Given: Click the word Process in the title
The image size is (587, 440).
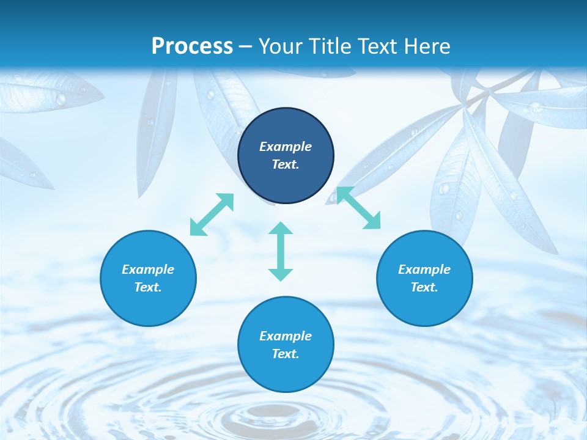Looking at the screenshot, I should click(x=192, y=46).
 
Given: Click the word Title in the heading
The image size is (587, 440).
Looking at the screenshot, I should click(x=327, y=46).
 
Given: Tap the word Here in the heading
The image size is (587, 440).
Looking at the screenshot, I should click(x=426, y=46).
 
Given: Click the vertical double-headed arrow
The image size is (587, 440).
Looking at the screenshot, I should click(x=281, y=251).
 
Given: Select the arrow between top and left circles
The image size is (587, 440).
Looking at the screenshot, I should click(x=212, y=215).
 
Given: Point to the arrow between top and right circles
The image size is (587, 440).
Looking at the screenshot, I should click(x=358, y=208).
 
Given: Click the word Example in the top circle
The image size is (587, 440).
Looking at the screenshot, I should click(x=286, y=147).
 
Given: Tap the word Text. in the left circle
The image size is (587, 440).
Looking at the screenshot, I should click(x=148, y=287).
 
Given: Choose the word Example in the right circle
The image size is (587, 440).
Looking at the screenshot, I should click(x=424, y=269).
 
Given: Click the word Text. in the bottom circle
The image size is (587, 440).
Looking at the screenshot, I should click(x=286, y=354).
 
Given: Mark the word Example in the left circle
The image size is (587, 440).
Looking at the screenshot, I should click(x=148, y=269).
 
